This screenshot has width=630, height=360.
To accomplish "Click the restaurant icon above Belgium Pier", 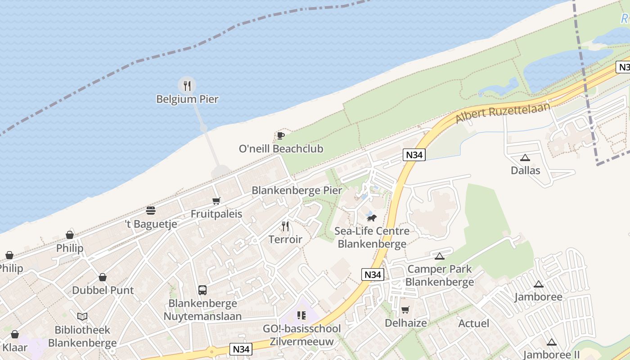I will tap(187, 85).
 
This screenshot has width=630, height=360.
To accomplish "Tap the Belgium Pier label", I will tap(187, 99).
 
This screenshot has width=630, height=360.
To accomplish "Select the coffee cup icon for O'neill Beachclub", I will tap(281, 135).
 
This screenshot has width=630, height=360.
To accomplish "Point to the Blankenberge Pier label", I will tap(297, 190).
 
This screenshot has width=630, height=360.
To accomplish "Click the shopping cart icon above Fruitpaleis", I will tap(216, 201).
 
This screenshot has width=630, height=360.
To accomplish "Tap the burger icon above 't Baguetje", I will tap(151, 211).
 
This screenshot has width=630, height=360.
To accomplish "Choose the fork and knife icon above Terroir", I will tap(285, 226).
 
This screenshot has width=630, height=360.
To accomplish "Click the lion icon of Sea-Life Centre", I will tap(371, 218).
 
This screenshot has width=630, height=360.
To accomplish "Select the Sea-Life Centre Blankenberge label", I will tap(372, 238).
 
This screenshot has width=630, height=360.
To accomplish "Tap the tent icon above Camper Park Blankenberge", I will tap(440, 256).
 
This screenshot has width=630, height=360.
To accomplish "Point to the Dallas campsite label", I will tap(525, 171).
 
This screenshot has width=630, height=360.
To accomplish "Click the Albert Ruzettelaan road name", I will tap(503, 113).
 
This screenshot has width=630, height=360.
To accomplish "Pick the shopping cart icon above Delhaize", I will tap(405, 310).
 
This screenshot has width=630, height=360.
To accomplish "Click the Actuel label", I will tap(473, 324).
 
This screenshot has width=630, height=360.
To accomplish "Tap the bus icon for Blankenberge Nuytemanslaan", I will tap(202, 290).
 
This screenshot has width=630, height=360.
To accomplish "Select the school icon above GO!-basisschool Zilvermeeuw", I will tap(301, 315).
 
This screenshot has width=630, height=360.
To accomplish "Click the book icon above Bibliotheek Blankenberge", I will tap(82, 317).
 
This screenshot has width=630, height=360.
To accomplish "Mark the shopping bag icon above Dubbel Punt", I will tap(103, 277).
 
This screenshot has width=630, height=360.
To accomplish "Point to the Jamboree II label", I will tap(551, 355).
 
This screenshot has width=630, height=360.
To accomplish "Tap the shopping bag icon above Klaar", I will tap(15, 334).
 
